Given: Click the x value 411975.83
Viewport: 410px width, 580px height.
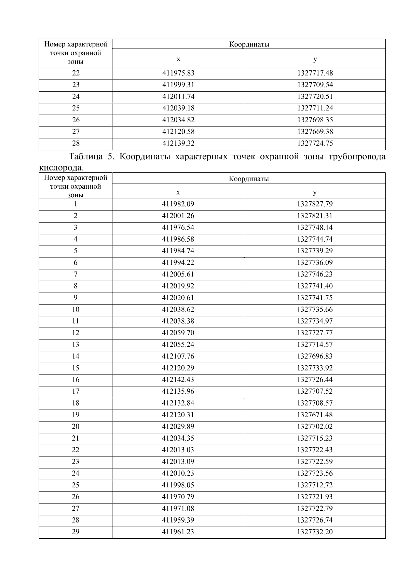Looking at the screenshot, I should coord(178,73).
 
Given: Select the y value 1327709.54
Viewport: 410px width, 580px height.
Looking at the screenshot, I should coord(315,85).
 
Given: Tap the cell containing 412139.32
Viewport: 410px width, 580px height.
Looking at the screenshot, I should coord(178,143).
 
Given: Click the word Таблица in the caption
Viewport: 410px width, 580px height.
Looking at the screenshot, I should coord(85,157).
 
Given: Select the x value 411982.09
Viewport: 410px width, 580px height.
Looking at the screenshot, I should coord(178,204).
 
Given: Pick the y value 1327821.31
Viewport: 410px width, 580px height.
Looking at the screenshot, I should coord(315,216).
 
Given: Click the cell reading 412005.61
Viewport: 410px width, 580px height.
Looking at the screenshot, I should coord(178,274).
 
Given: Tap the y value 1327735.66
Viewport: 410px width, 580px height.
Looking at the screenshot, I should coord(315,309).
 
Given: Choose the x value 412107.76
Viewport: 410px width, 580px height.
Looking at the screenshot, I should coord(178,356).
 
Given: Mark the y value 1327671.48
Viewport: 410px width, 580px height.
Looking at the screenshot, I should coord(315,415).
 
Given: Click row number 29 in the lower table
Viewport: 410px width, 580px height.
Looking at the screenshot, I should coord(76,531).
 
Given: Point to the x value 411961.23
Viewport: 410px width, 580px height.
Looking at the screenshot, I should coord(178,531).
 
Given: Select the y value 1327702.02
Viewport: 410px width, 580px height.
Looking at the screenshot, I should coord(315,426).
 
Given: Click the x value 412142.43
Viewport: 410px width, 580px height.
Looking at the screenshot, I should coord(178,379).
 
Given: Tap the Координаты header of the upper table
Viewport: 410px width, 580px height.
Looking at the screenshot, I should coord(249,44).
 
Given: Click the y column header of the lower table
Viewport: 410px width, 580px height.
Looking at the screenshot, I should coord(315,192).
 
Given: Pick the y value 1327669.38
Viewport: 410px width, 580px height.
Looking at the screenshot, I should coord(315,132).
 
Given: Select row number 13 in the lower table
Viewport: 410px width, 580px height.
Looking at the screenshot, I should coord(76,345).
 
